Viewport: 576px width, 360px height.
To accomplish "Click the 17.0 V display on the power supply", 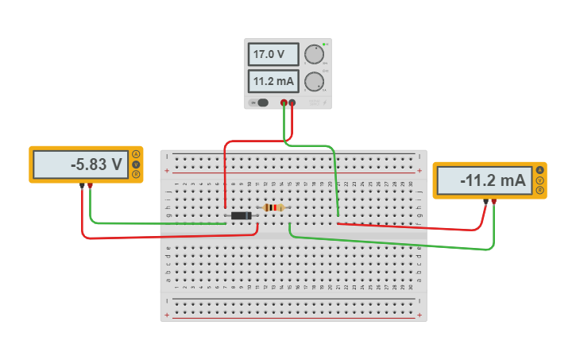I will (x=273, y=55).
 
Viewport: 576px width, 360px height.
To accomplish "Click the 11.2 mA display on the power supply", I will (x=273, y=81).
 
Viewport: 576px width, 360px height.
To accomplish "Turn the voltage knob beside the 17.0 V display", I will (x=315, y=54).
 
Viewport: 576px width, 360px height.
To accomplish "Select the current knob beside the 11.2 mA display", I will (x=315, y=81).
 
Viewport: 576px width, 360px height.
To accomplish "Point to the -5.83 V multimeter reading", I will (x=80, y=165).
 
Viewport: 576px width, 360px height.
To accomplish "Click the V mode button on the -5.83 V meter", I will (x=136, y=165).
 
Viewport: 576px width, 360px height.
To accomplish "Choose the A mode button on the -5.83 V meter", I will (x=136, y=154).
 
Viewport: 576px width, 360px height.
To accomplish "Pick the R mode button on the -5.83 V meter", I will (x=136, y=175).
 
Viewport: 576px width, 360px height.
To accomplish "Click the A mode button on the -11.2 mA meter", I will (x=540, y=170).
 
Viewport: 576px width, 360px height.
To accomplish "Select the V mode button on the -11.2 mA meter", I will (x=540, y=180).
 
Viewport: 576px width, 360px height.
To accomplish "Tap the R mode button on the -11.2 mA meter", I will (x=540, y=191).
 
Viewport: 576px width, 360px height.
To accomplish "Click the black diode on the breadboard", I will (x=239, y=215).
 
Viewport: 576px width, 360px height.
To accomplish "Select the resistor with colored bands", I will (x=273, y=207).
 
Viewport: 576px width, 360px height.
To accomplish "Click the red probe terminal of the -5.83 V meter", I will (x=91, y=186).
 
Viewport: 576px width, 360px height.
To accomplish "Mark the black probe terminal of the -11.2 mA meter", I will (x=485, y=202).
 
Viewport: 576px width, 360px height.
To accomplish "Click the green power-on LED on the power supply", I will (x=324, y=43).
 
